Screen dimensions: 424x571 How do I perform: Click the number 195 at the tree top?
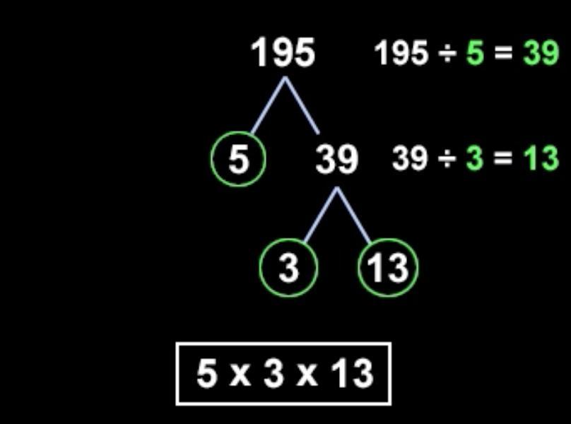tap(283, 53)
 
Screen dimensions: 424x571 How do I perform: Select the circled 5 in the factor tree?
tap(239, 160)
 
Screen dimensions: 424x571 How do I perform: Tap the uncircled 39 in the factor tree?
tap(336, 160)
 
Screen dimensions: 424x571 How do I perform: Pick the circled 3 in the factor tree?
tap(288, 268)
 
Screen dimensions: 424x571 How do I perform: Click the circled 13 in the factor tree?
tap(388, 268)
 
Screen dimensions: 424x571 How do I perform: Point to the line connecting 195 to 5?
tap(269, 106)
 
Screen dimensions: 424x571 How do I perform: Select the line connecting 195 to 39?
tap(302, 106)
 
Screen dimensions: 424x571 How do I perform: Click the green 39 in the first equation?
tap(541, 53)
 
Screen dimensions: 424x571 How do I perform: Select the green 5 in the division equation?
tap(475, 53)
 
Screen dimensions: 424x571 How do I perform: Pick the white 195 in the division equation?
tap(401, 53)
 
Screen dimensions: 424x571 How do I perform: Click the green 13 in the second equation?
tap(541, 158)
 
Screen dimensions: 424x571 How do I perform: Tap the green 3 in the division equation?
tap(474, 158)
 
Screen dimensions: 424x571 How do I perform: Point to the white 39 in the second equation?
tap(410, 158)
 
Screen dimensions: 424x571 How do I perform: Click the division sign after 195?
tap(447, 54)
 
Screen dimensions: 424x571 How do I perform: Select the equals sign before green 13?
tap(502, 158)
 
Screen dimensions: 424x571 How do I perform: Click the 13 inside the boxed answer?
tap(351, 372)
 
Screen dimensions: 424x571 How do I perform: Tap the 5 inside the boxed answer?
tap(206, 372)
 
